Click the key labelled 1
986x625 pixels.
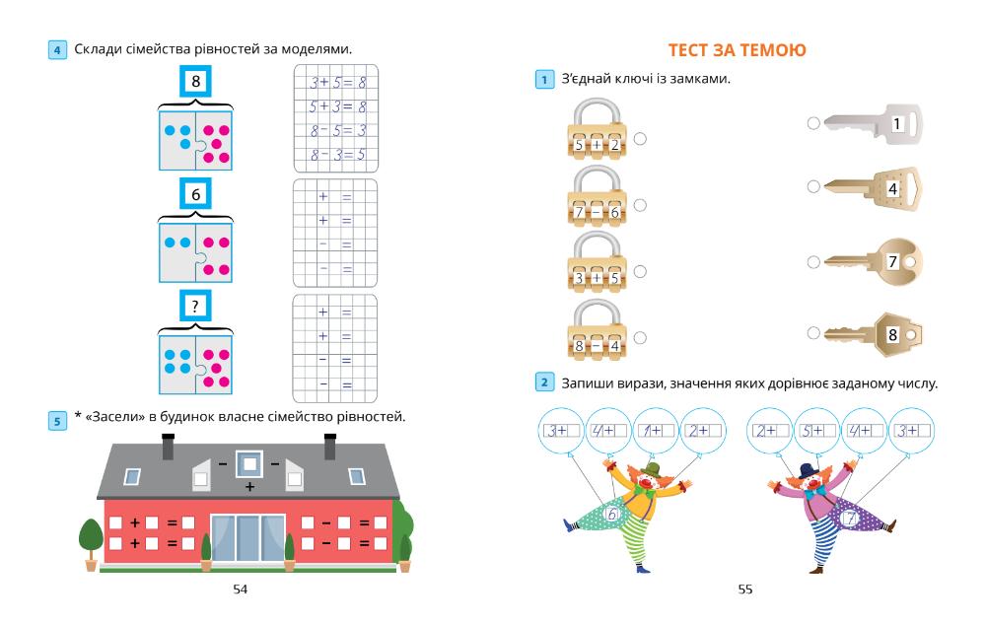click(x=868, y=123)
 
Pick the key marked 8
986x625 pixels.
click(x=873, y=334)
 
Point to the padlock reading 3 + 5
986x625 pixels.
click(x=597, y=268)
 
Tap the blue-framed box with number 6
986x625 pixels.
click(x=195, y=194)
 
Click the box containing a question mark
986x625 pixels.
click(x=195, y=305)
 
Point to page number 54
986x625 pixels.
click(x=241, y=590)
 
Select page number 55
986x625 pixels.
click(x=744, y=590)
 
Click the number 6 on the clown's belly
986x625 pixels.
click(x=613, y=514)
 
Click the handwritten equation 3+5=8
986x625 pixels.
click(x=337, y=83)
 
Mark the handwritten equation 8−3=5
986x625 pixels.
click(x=337, y=154)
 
